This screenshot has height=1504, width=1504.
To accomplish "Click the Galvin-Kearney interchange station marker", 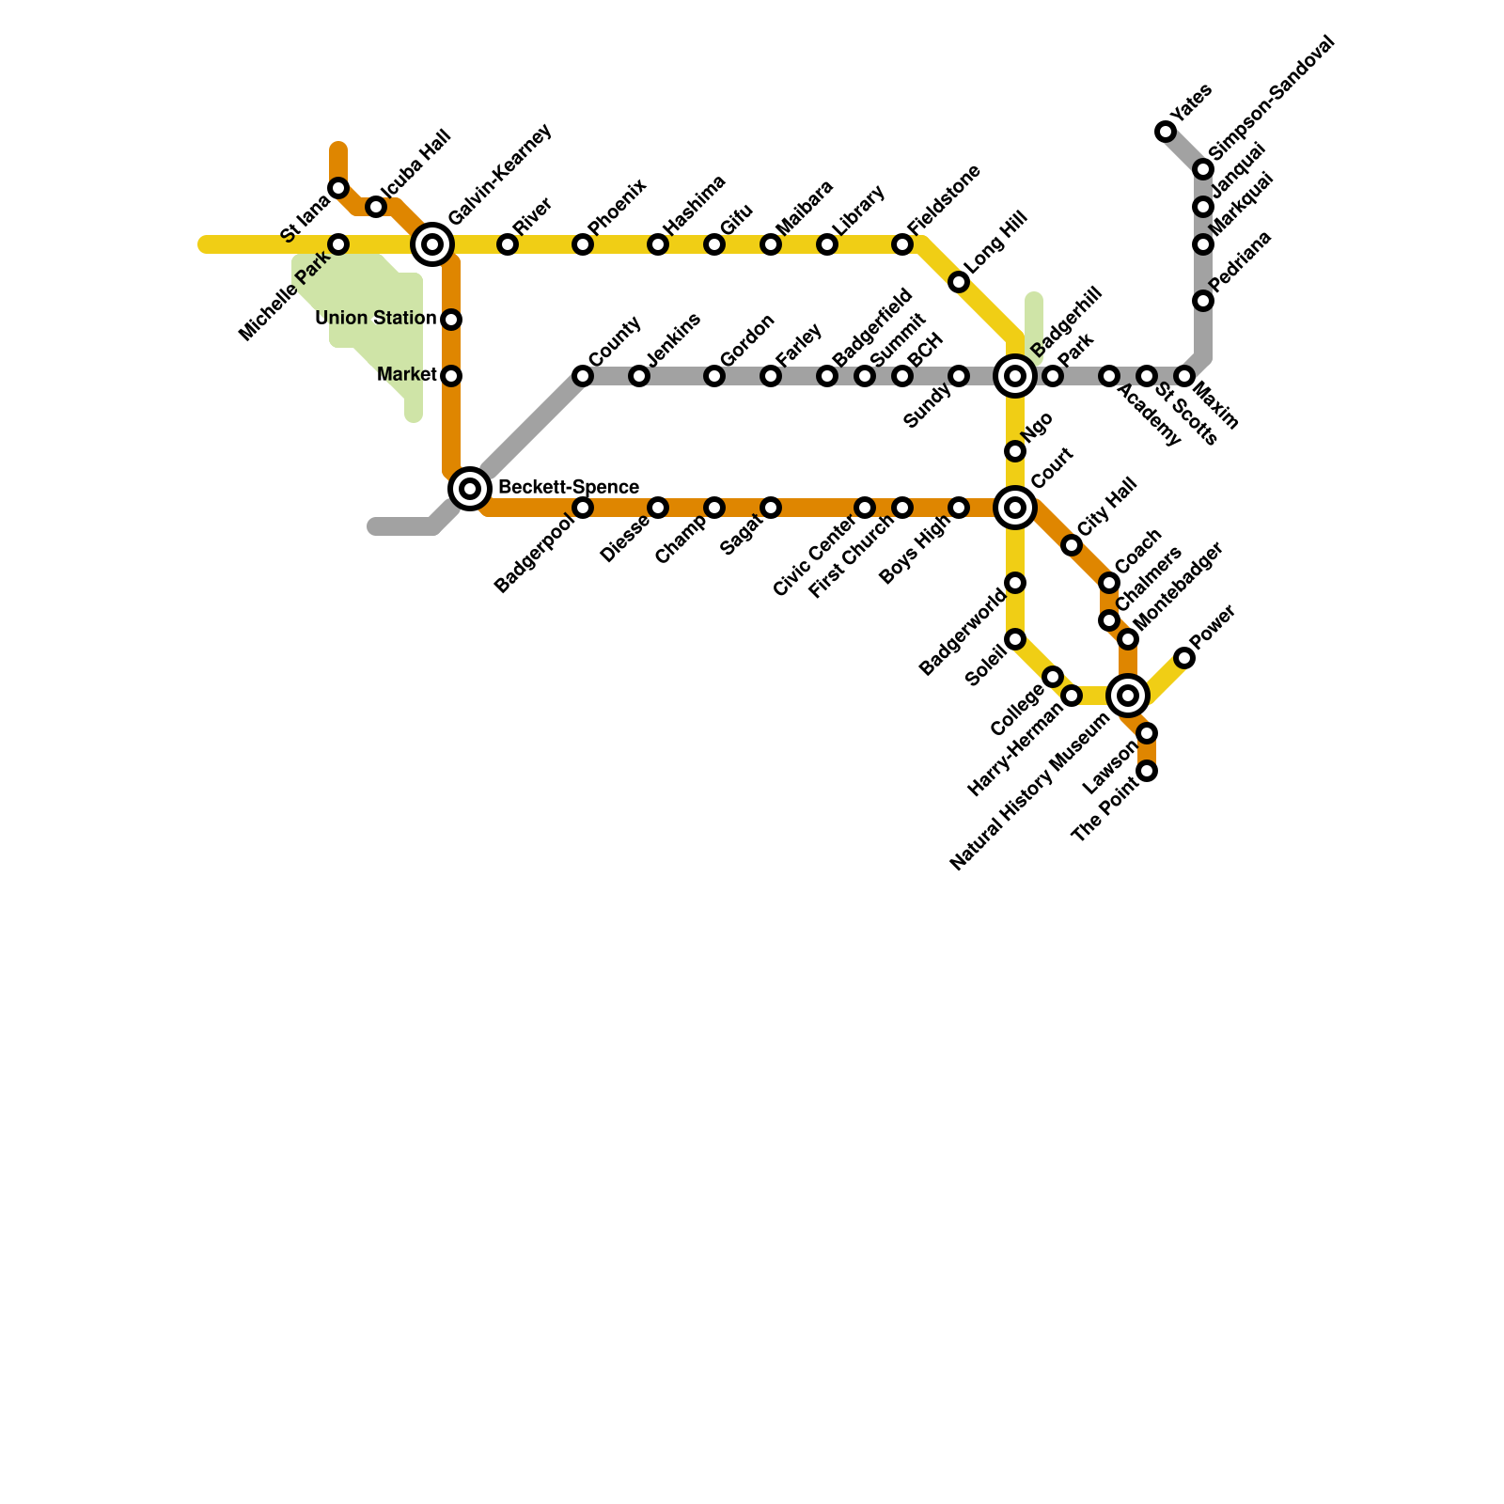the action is (x=432, y=244).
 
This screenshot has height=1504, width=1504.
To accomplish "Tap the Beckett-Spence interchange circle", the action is (x=470, y=488).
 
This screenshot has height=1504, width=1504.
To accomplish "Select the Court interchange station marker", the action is (x=1015, y=508).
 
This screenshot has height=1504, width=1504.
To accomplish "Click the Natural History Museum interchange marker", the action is (x=1128, y=696).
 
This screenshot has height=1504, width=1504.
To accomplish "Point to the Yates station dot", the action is (x=1166, y=132).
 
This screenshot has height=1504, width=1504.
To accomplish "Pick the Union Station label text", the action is (x=376, y=319).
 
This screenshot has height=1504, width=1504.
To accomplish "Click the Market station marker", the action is (x=451, y=376).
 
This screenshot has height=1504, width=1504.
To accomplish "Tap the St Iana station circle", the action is (x=338, y=189).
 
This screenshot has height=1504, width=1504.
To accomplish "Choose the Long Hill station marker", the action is (x=959, y=282).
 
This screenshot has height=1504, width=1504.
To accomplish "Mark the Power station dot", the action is (x=1184, y=658).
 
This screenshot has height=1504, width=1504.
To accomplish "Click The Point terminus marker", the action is (x=1147, y=771).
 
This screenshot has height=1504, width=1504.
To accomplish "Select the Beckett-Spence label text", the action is (x=569, y=488).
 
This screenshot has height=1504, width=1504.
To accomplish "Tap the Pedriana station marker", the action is (x=1203, y=301).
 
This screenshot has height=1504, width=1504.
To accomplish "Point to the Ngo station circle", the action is (x=1015, y=451).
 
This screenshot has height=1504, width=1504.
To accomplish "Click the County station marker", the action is (x=583, y=376).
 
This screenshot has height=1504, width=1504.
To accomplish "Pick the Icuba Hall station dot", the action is (x=376, y=207).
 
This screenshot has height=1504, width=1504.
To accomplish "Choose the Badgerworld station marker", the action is (x=1015, y=583).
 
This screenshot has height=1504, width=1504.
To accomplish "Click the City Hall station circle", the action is (x=1072, y=545).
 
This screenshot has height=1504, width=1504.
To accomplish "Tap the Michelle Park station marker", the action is (x=338, y=244).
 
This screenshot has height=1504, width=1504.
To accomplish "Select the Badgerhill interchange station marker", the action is (x=1015, y=376).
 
